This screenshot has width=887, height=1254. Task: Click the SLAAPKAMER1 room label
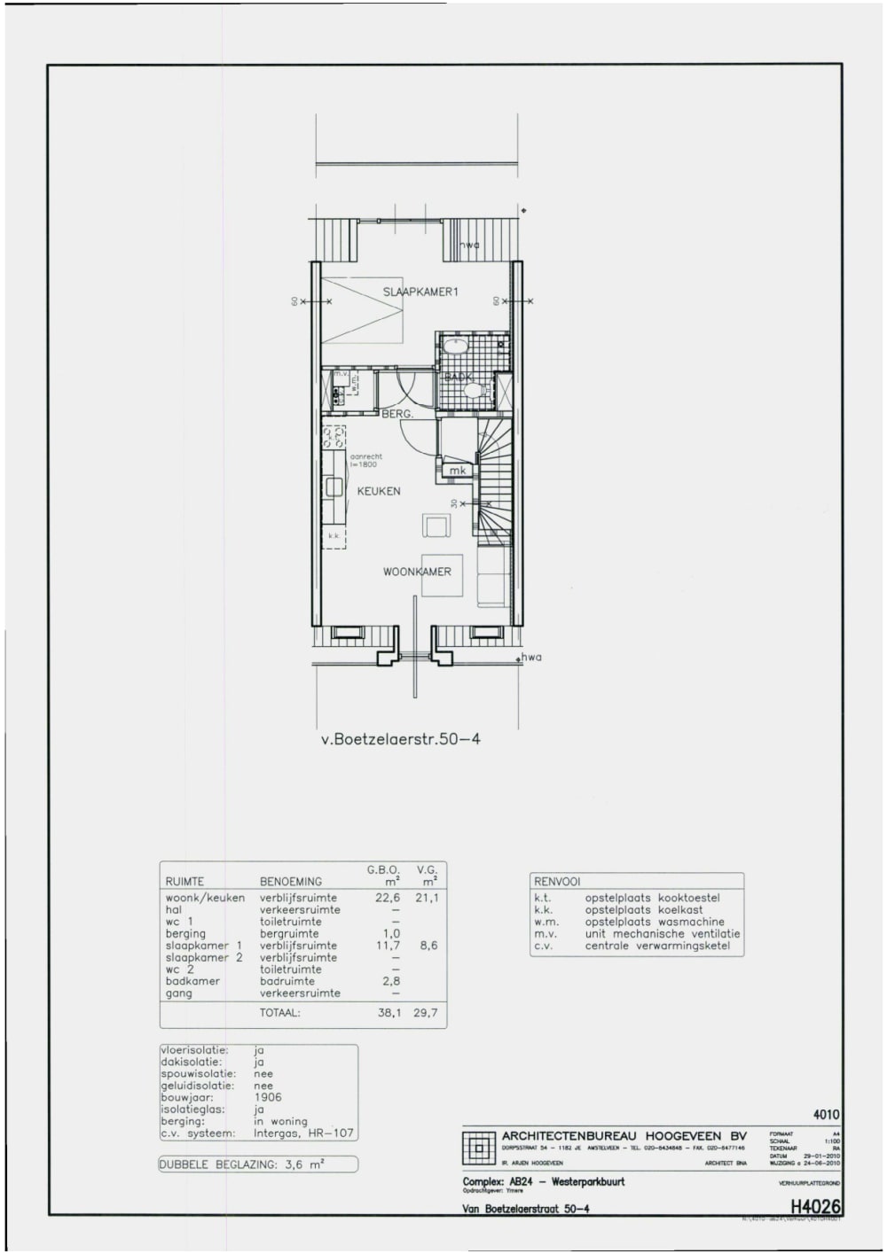420,292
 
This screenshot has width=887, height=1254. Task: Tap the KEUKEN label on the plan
379,491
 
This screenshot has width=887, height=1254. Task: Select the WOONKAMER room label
417,572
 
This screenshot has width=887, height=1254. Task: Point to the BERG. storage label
397,414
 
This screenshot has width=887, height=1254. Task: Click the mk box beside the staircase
457,471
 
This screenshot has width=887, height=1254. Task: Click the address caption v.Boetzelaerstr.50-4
401,737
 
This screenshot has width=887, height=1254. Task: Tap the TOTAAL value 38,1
389,1012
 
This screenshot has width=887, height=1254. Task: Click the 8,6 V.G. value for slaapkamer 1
429,946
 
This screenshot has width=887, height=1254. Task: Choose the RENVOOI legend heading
557,882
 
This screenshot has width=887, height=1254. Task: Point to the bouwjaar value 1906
267,1097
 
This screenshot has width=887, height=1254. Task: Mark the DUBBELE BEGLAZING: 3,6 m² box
258,1165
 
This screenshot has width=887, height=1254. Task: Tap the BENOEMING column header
290,882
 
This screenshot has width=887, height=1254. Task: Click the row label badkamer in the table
191,981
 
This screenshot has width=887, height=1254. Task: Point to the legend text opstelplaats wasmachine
655,922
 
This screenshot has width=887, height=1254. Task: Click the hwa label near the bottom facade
530,657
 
